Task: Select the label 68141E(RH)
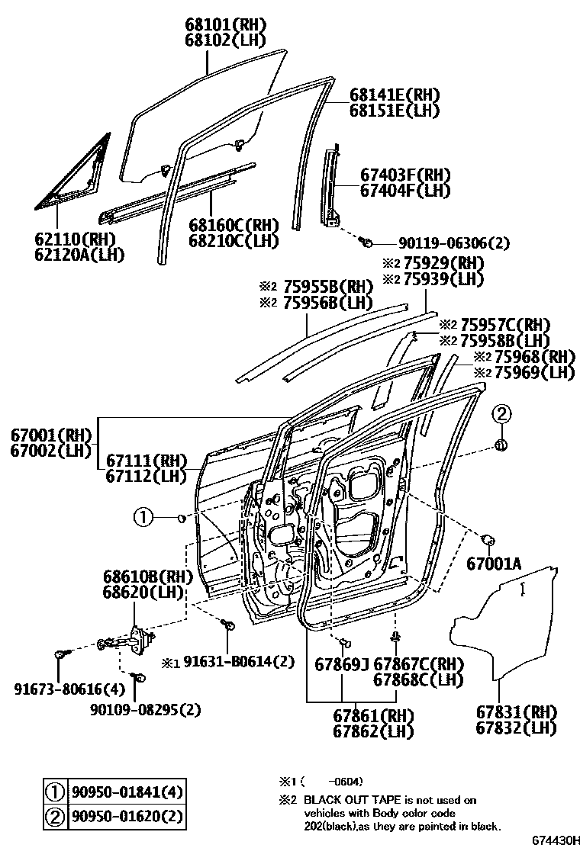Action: [395, 95]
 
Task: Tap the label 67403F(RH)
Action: [405, 175]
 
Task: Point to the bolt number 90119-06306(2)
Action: [453, 243]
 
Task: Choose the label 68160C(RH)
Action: [234, 225]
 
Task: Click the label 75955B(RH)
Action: [327, 287]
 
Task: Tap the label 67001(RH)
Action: [50, 435]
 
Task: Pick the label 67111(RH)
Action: [147, 461]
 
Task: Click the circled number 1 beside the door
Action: [144, 519]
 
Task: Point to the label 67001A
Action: [494, 564]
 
